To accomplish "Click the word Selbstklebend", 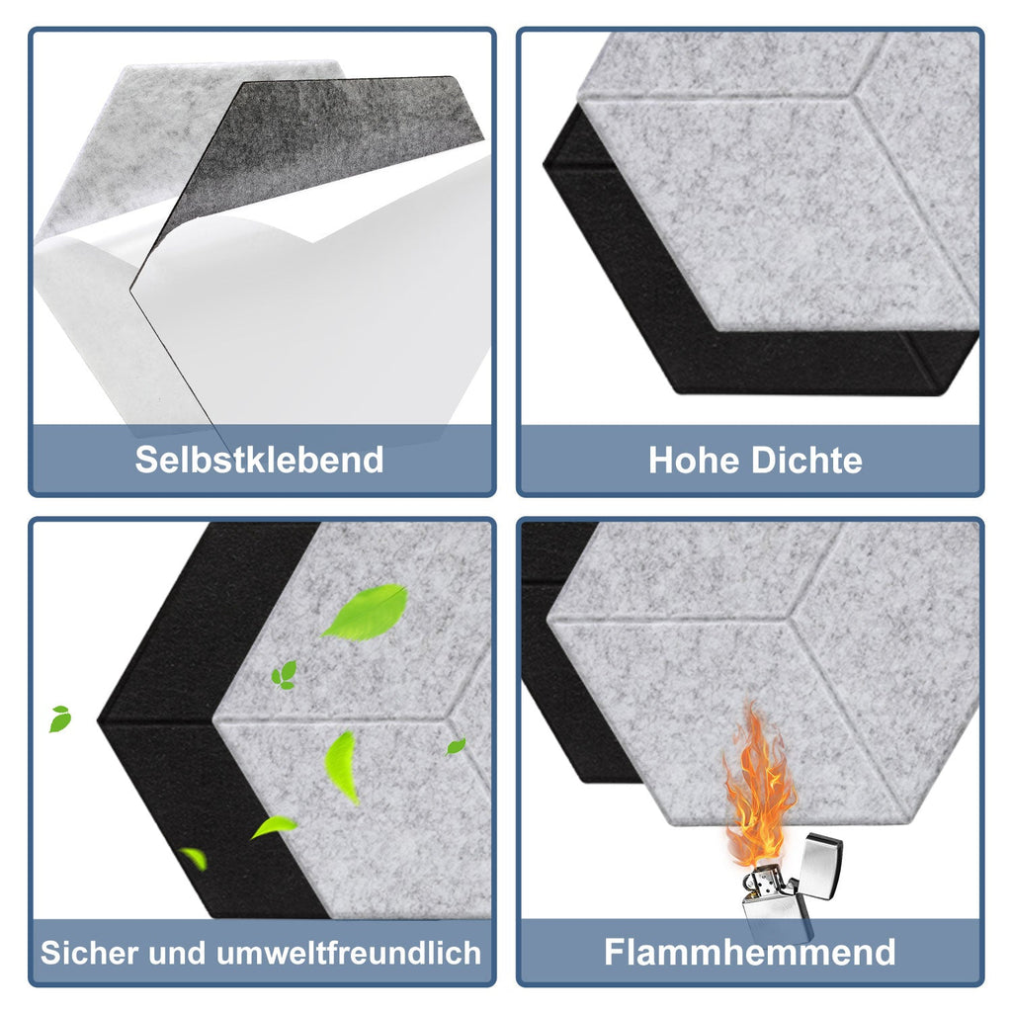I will tap(259, 460).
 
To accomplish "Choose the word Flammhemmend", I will tap(750, 953).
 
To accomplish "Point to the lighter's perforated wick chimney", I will tap(760, 880).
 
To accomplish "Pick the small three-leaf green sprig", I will tap(285, 675).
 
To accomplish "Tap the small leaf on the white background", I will tap(60, 718).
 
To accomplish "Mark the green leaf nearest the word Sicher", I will tap(194, 858).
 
